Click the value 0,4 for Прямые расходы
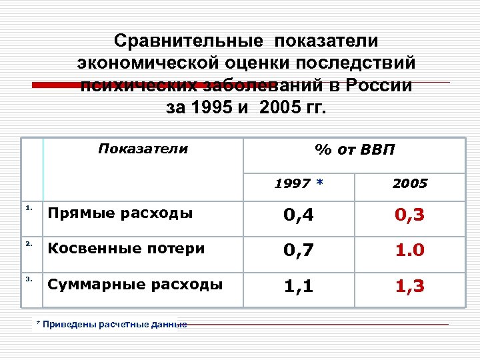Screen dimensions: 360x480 tap(299, 215)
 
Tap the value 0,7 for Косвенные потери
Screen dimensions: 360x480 tap(299, 251)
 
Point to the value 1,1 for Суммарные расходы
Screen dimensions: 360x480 tap(299, 287)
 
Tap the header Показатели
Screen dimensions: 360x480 tap(143, 148)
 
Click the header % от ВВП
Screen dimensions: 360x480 tap(355, 149)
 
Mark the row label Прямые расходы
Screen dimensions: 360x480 tap(120, 213)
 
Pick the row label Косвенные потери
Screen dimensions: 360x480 tap(125, 249)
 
